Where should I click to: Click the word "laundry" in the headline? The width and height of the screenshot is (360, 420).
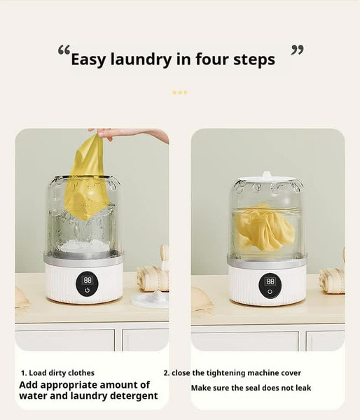(139, 60)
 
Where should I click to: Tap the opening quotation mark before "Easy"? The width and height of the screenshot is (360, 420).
(64, 51)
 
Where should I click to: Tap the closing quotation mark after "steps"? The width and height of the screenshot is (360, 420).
(298, 51)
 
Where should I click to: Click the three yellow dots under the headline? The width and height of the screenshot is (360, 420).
(180, 92)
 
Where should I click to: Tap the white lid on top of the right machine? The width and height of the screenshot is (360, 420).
(268, 178)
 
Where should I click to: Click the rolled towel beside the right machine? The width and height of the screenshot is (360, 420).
(332, 279)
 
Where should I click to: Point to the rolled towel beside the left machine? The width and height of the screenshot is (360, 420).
(152, 278)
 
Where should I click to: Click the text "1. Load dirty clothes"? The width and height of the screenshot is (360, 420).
(57, 373)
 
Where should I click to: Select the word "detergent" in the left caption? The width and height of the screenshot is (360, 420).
(133, 396)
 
